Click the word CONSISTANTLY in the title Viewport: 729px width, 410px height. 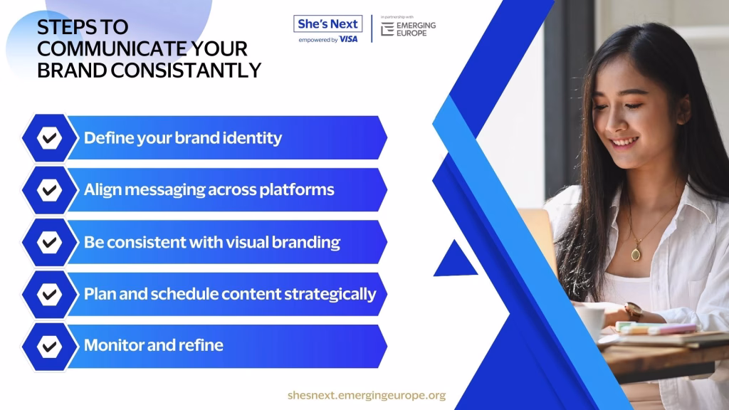click(186, 70)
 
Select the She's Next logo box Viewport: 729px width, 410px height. click(327, 23)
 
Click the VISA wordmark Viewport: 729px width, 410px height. click(348, 40)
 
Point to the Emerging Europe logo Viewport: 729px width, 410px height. click(408, 28)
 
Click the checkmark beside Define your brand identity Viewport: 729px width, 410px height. click(49, 137)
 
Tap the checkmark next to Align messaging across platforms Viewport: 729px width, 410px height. click(49, 189)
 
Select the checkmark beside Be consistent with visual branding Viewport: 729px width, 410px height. click(49, 242)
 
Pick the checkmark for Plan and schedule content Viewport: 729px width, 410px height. click(49, 294)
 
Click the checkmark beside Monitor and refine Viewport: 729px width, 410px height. click(49, 347)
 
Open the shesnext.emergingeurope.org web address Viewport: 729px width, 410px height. click(367, 395)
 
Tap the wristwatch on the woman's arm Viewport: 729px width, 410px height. click(634, 310)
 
